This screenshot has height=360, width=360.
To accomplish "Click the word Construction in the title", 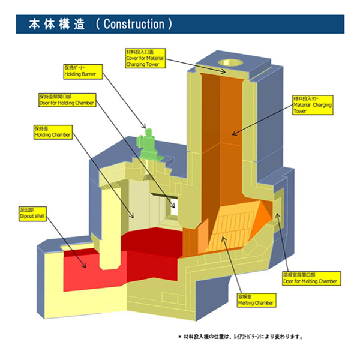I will [134, 25].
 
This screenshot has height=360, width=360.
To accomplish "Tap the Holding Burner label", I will [76, 71].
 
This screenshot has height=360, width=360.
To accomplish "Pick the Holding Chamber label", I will [52, 132].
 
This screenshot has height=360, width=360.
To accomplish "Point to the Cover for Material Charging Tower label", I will [144, 58].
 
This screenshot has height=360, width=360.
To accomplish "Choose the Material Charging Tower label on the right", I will [312, 105].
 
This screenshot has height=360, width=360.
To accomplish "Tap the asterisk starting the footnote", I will [179, 336].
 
